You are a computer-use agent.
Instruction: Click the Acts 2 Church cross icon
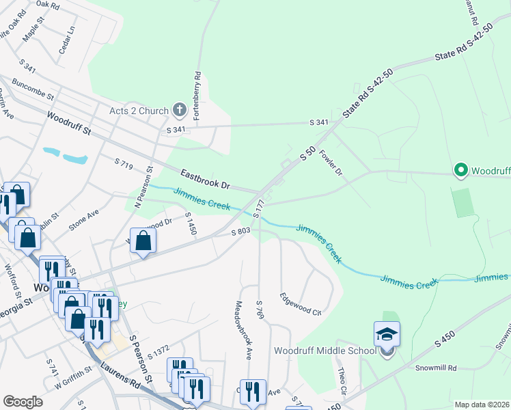pyautogui.click(x=179, y=109)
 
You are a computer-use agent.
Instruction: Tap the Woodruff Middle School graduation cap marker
pyautogui.click(x=387, y=335)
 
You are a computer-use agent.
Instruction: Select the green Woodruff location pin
pyautogui.click(x=460, y=170)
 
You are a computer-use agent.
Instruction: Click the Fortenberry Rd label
pyautogui.click(x=197, y=96)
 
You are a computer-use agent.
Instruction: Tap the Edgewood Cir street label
pyautogui.click(x=301, y=304)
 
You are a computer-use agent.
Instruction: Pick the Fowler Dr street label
pyautogui.click(x=330, y=162)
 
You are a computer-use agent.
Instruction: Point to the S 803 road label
pyautogui.click(x=242, y=232)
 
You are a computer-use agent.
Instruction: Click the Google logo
pyautogui.click(x=23, y=402)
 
